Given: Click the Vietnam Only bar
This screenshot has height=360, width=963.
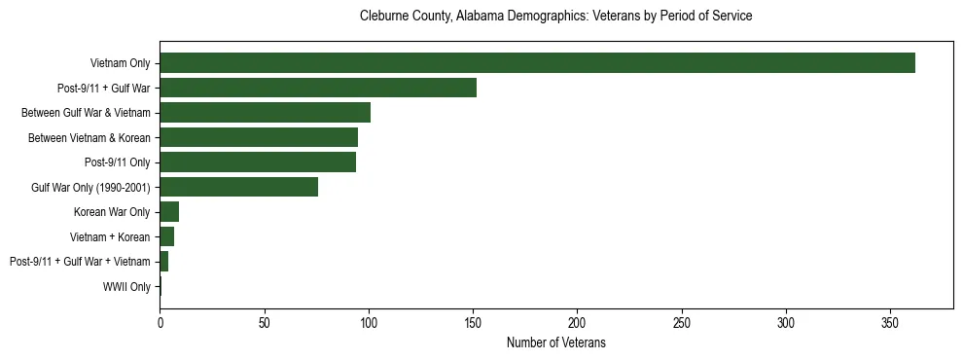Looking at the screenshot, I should pos(537,63).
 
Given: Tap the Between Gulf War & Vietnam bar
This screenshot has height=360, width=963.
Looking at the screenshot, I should pos(265,113).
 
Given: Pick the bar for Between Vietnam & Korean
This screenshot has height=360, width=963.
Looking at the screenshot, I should pos(259,137).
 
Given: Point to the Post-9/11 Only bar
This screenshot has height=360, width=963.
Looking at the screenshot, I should pos(258,162).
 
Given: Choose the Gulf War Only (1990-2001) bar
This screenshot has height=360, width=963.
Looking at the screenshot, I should pos(238,187).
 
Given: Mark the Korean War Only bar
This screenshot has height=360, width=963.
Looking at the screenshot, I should pos(169,212).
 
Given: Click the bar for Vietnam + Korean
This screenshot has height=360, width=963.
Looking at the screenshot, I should pos(167,236).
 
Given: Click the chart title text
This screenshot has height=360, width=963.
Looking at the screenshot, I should pos(555,17).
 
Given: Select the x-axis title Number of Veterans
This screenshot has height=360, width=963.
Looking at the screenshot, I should pos(555,342).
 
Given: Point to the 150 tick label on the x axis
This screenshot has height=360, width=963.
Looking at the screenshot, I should pos(473,322).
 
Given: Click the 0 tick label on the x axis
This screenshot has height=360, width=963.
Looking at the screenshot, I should pos(160,322).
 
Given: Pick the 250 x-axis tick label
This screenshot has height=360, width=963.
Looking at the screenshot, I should pos(682,322).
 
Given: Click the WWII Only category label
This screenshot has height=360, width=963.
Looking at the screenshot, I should pos(126,287).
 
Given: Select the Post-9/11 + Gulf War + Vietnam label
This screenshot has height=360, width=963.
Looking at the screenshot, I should pos(80,262).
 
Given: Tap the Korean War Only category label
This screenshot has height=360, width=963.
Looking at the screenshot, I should pos(112,212).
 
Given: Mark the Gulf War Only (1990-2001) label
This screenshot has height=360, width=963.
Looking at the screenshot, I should pos(90,187).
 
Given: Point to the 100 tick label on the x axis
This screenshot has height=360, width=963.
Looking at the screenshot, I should pos(369,322).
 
